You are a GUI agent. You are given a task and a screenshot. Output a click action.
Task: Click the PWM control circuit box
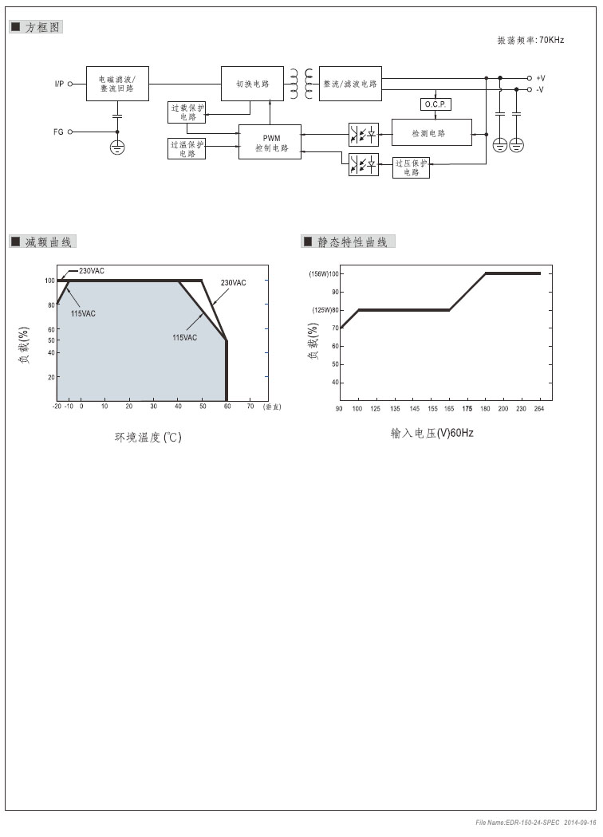pyautogui.click(x=270, y=142)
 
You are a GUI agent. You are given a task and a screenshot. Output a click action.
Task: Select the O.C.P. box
pyautogui.click(x=436, y=104)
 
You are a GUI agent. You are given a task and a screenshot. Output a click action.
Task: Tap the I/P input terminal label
pyautogui.click(x=59, y=84)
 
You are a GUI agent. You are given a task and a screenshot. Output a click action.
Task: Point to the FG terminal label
pyautogui.click(x=59, y=132)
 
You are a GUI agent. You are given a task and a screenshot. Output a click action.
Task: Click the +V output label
pyautogui.click(x=540, y=78)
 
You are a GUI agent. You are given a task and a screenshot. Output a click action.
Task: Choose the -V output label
pyautogui.click(x=540, y=89)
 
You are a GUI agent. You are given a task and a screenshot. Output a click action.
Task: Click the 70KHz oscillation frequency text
pyautogui.click(x=552, y=40)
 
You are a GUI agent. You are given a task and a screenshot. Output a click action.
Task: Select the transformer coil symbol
pyautogui.click(x=301, y=84)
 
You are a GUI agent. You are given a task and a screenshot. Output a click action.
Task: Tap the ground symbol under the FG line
pyautogui.click(x=117, y=147)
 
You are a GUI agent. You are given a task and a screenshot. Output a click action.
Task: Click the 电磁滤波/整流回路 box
pyautogui.click(x=117, y=84)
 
